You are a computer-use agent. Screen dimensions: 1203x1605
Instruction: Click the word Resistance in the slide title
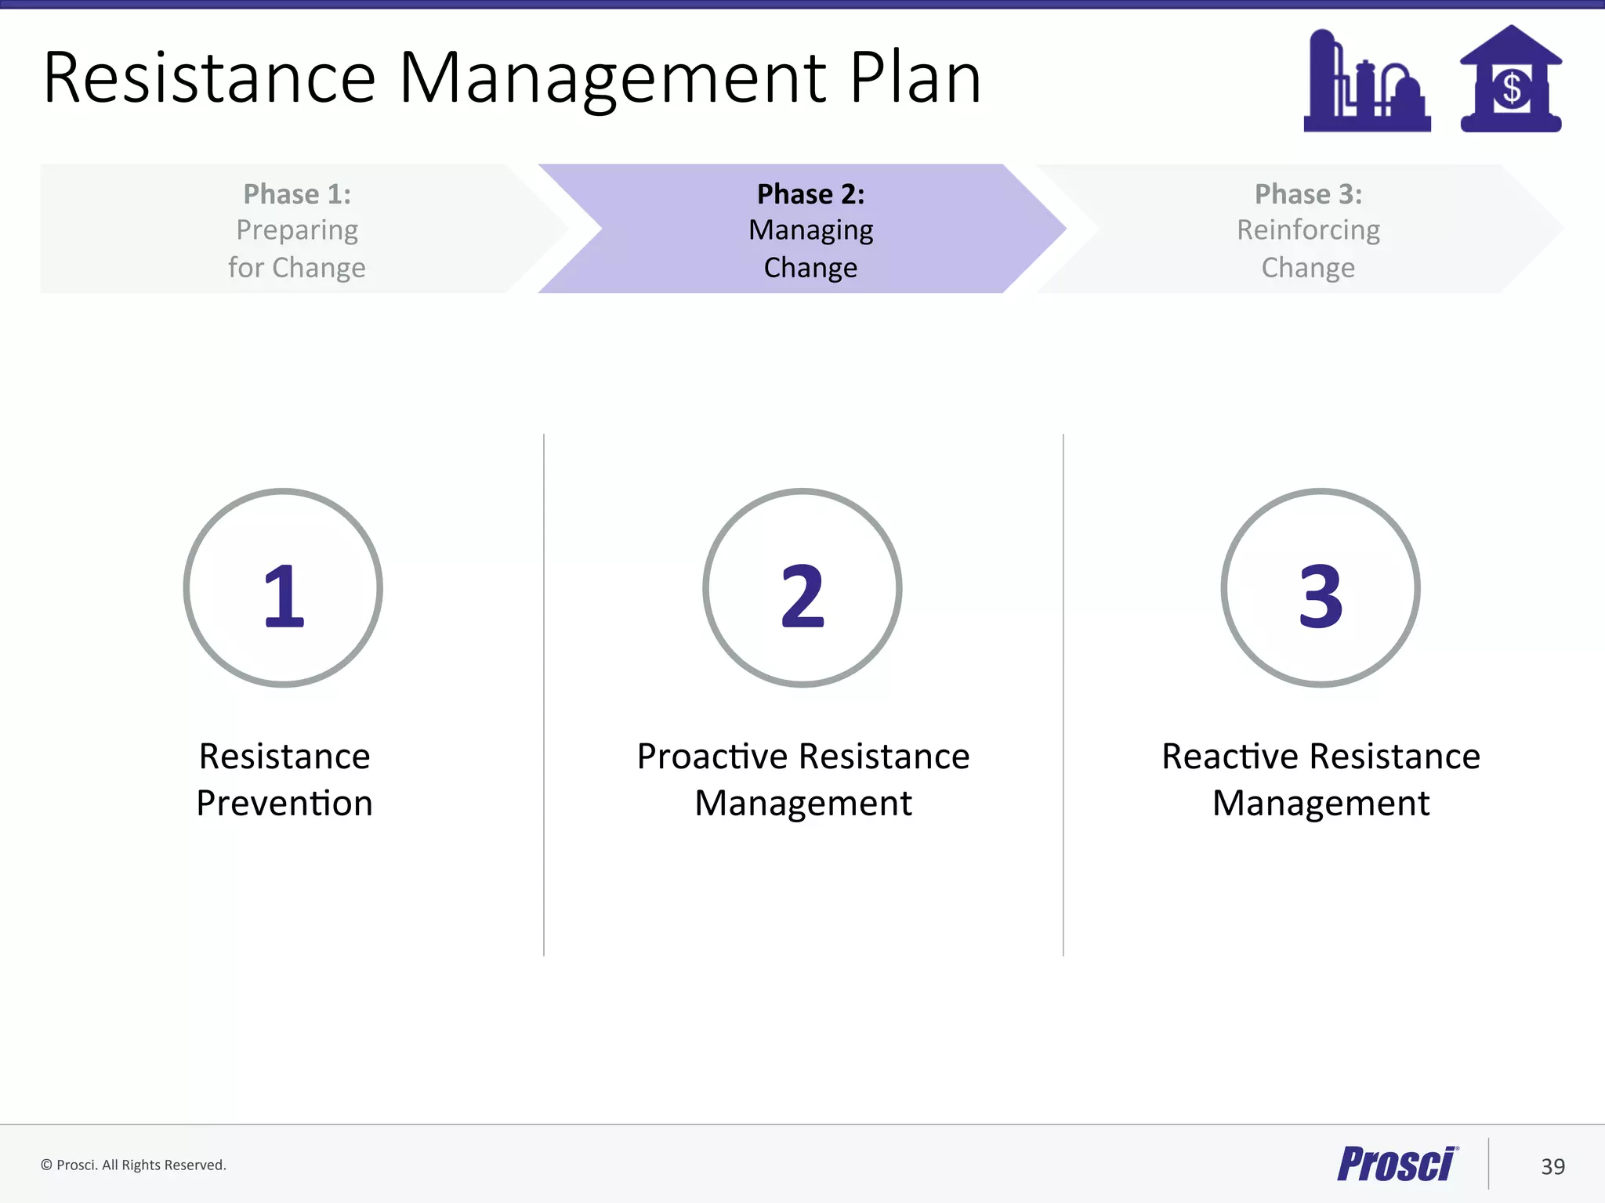click(210, 78)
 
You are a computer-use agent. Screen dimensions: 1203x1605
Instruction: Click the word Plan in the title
click(915, 78)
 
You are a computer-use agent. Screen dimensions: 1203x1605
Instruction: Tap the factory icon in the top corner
click(1366, 82)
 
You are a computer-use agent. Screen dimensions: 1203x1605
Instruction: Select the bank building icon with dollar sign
click(1510, 80)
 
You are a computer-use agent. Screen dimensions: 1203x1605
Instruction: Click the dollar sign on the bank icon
click(1512, 89)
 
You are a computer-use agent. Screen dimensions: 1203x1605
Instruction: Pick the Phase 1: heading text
click(297, 194)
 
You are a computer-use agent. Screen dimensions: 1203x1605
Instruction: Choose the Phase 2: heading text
click(810, 194)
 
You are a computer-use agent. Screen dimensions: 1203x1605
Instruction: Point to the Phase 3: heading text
click(1308, 194)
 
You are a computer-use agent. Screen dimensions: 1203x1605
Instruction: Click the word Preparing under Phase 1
click(297, 230)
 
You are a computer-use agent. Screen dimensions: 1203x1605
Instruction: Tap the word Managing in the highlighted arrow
click(810, 230)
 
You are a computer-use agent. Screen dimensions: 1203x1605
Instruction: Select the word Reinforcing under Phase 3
click(1308, 230)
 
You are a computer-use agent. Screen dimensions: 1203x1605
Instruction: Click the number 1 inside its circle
click(284, 596)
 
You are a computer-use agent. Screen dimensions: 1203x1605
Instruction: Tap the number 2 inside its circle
click(802, 596)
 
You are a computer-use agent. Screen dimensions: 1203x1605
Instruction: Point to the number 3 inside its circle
click(1321, 596)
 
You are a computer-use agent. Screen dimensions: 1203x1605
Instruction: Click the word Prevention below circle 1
click(284, 804)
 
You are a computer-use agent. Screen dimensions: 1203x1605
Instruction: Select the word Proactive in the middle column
click(712, 757)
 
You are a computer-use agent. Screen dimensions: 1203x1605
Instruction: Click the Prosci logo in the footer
click(1397, 1164)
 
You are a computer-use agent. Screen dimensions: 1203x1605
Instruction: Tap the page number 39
click(1552, 1167)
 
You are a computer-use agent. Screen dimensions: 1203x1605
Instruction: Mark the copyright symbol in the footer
click(46, 1165)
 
